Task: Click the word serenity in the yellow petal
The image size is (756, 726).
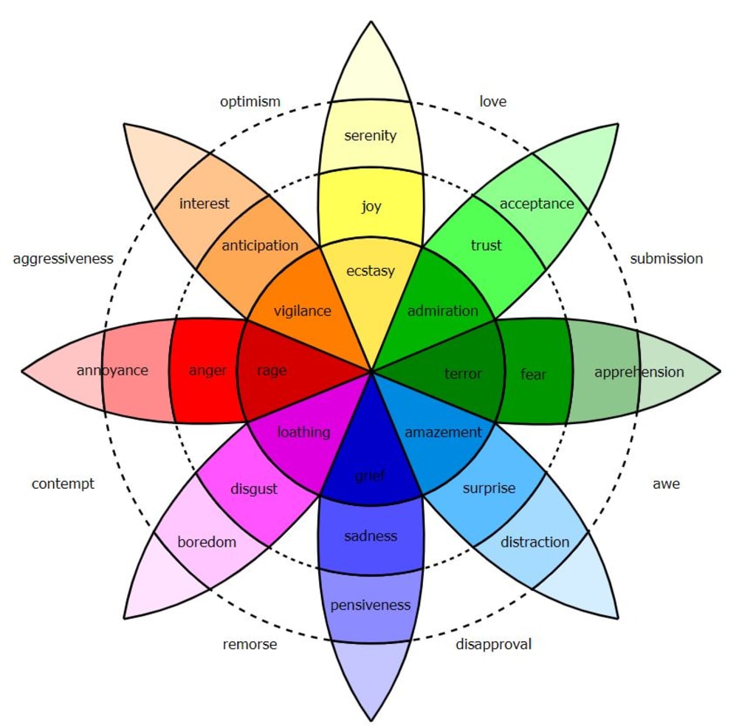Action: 371,136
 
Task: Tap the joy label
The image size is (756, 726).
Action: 371,207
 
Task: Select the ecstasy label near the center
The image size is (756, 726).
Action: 371,271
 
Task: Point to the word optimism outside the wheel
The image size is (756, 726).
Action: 250,102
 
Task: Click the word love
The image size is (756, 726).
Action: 492,101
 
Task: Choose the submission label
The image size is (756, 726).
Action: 667,258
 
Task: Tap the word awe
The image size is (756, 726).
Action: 667,484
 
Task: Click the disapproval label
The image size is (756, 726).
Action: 494,644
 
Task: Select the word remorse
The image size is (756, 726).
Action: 250,645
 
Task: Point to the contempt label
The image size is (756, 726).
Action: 63,484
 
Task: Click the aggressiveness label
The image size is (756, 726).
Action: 63,259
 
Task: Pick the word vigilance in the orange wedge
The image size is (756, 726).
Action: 302,311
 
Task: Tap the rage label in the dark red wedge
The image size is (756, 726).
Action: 272,371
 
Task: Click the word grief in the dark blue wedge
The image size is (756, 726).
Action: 370,476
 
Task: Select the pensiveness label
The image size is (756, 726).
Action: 371,605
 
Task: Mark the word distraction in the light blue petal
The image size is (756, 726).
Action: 535,542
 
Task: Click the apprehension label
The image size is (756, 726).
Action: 639,372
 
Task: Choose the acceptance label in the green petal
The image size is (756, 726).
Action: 537,204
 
